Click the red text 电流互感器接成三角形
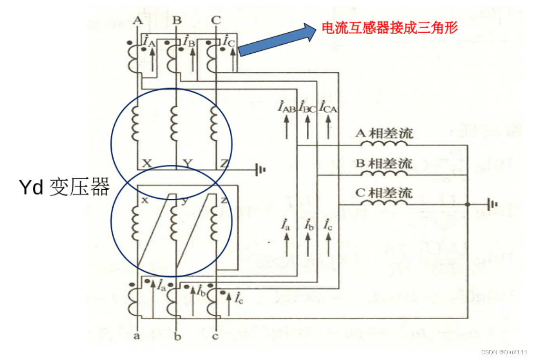click(x=389, y=28)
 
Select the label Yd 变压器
click(x=64, y=187)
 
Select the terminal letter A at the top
click(x=137, y=20)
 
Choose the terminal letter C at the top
click(x=216, y=20)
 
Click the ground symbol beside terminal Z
click(x=260, y=169)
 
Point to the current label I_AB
click(x=287, y=107)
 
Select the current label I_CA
click(x=329, y=107)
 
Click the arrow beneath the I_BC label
click(x=308, y=127)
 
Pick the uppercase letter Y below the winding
click(x=187, y=163)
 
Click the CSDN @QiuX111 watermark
click(x=504, y=352)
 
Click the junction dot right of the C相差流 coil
click(x=468, y=204)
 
